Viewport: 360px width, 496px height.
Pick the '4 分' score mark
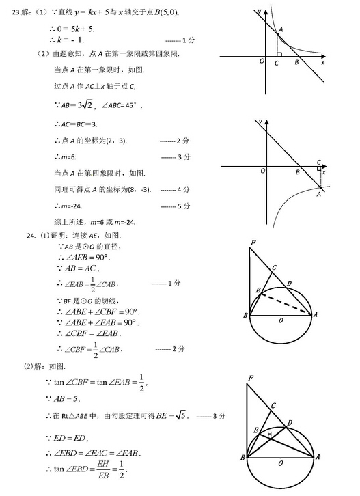coord(180,189)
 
